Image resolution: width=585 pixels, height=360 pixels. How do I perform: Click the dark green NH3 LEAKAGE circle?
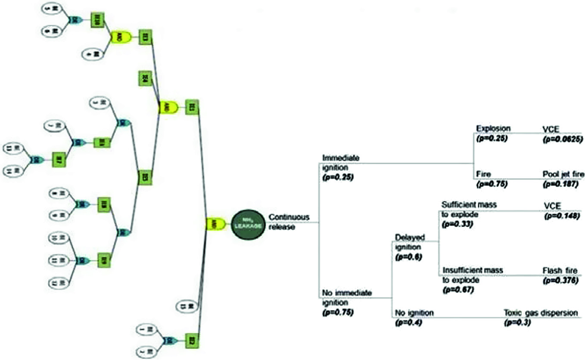pos(249,224)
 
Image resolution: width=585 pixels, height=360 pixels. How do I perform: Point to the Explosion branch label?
pos(493,128)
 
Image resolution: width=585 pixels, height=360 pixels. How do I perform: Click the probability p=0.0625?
pos(563,139)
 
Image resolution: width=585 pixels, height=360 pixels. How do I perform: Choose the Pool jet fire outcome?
pos(563,174)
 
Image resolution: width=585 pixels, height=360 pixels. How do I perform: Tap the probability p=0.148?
pos(561,215)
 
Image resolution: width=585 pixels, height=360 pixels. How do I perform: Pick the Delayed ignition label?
pos(409,242)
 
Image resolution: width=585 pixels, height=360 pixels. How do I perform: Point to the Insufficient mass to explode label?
pos(473,275)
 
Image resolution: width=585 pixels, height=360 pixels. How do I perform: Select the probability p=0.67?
pos(458,290)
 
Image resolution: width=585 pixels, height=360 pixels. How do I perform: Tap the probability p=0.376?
pos(561,281)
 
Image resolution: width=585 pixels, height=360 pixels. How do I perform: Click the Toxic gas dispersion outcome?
pos(541,313)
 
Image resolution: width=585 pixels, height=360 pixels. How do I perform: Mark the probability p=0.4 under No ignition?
pos(407,322)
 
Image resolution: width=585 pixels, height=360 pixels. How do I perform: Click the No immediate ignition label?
pos(346,297)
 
